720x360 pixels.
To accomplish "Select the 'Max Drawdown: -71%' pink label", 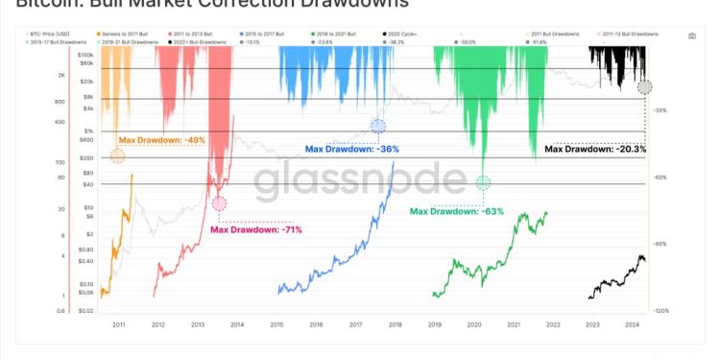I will pyautogui.click(x=255, y=229).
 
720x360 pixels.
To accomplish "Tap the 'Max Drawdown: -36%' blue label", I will pyautogui.click(x=351, y=149).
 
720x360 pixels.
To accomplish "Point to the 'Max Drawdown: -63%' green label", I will pyautogui.click(x=458, y=210).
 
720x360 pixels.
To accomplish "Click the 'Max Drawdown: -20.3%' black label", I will pyautogui.click(x=595, y=149).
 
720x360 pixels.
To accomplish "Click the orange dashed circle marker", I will pyautogui.click(x=117, y=156).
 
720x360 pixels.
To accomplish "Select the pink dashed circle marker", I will pyautogui.click(x=220, y=203).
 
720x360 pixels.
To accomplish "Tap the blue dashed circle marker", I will pyautogui.click(x=378, y=126).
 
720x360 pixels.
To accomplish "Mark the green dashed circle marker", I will pyautogui.click(x=483, y=182).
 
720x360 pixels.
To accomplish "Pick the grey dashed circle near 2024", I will pyautogui.click(x=644, y=87).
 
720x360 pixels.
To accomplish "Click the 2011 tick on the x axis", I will pyautogui.click(x=118, y=325).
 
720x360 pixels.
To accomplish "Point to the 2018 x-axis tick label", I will pyautogui.click(x=394, y=325).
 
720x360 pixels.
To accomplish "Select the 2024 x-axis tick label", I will pyautogui.click(x=632, y=325).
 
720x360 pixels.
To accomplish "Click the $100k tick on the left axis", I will pyautogui.click(x=84, y=57).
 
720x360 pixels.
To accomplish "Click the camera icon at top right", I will pyautogui.click(x=691, y=35).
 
